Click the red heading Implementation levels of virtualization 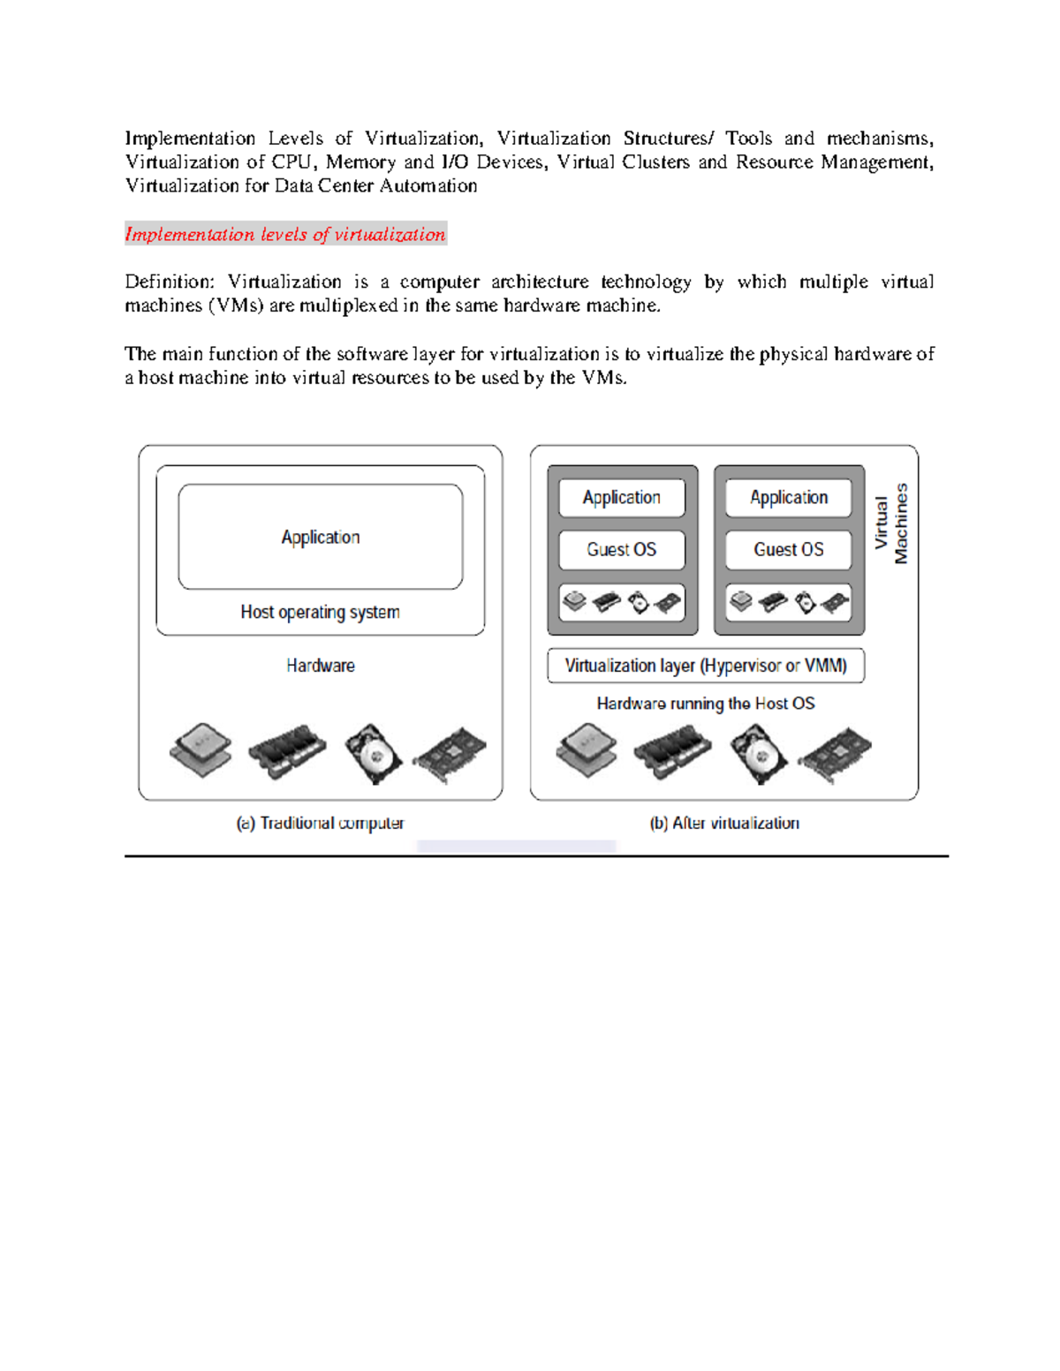[285, 234]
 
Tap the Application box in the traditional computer [320, 537]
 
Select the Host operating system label [320, 612]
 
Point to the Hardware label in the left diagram [320, 666]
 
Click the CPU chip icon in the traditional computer [201, 750]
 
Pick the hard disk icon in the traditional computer [373, 753]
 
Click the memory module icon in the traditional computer [287, 751]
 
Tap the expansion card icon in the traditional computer [450, 755]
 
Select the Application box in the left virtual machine [622, 498]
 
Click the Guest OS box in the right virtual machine [788, 550]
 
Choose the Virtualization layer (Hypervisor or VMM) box [706, 666]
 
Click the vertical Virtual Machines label [890, 523]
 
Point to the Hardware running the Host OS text [706, 704]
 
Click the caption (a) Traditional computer [320, 823]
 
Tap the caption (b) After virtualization [724, 823]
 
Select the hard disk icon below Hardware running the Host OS [759, 753]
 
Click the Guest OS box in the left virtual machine [622, 550]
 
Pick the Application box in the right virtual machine [788, 498]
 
